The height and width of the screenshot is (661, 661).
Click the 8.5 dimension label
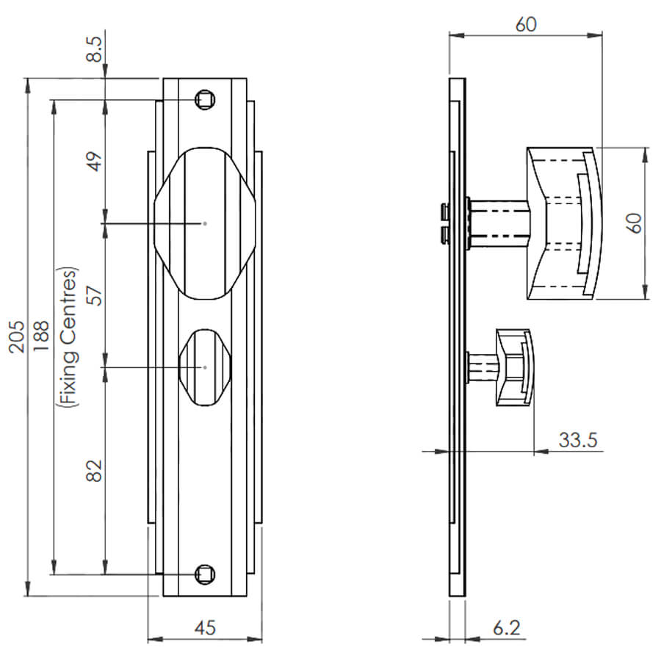click(x=95, y=49)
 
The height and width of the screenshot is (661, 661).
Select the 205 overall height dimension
click(x=18, y=336)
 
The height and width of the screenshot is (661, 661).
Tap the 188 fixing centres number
click(x=41, y=336)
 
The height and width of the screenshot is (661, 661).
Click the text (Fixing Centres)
click(x=68, y=337)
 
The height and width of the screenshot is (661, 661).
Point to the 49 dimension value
click(x=95, y=162)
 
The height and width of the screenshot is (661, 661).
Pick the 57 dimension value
click(x=95, y=295)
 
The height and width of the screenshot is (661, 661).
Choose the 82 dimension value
click(x=95, y=471)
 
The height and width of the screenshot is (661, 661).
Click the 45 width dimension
click(x=205, y=628)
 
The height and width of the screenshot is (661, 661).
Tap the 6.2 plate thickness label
click(x=506, y=628)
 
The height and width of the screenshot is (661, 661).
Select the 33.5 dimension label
click(x=578, y=440)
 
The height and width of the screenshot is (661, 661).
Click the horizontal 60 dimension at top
click(x=526, y=24)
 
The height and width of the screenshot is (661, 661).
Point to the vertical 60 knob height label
click(x=635, y=223)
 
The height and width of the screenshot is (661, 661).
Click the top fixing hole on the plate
click(x=206, y=100)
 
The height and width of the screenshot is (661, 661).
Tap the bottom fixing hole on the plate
click(x=206, y=574)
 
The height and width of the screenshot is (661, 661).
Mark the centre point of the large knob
click(x=206, y=223)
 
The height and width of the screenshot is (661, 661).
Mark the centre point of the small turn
click(x=206, y=368)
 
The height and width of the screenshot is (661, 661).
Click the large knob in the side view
click(x=565, y=223)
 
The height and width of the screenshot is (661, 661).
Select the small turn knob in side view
click(x=515, y=368)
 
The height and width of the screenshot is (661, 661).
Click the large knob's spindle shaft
click(x=499, y=223)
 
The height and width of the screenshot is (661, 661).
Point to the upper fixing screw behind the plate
click(x=444, y=212)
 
